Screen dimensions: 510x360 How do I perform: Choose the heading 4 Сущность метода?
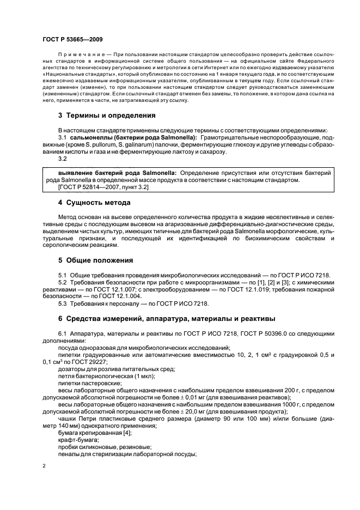tap(94, 203)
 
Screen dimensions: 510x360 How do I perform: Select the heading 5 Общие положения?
tap(95, 260)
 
